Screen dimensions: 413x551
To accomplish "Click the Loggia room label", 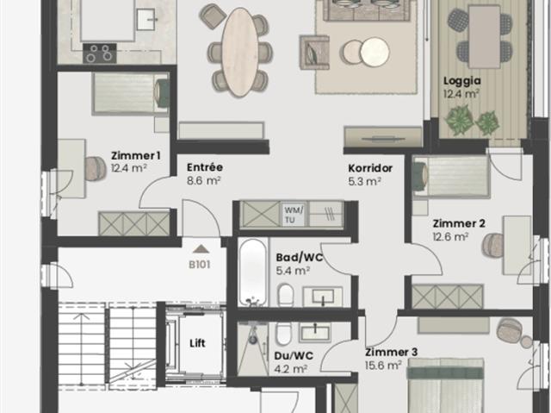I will click(461, 82).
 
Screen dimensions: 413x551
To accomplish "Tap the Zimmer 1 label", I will click(135, 155).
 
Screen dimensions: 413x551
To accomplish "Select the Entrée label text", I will click(205, 167).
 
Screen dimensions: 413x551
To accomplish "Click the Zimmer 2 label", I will click(458, 223).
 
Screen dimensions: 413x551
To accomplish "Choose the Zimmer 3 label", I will click(391, 352).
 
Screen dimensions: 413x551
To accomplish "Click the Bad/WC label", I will click(293, 257).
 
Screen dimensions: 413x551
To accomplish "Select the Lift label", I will click(197, 342).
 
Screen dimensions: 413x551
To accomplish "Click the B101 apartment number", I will click(201, 265).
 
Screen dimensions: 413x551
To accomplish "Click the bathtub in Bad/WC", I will click(253, 272).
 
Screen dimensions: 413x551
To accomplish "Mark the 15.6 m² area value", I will click(383, 366).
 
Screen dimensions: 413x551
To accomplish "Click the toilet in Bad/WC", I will click(286, 297).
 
